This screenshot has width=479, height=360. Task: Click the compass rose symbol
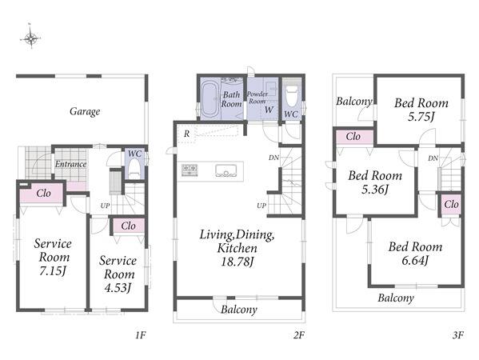pos(31,38)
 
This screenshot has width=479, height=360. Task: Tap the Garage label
pos(85,111)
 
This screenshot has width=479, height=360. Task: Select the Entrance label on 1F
pos(70,164)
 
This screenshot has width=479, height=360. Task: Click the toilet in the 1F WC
pos(134,168)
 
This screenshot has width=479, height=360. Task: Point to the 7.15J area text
pos(53,270)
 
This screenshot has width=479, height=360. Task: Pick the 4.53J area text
pos(118,287)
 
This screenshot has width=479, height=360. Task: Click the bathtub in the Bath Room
pos(210,99)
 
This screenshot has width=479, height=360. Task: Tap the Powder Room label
pos(257,98)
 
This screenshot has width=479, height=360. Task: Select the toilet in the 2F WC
pos(291,95)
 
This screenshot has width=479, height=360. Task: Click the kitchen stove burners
pos(190,170)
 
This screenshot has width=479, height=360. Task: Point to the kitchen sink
pos(226,170)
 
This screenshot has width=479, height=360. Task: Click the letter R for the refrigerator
pos(186,134)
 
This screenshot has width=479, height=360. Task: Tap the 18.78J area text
pos(238,262)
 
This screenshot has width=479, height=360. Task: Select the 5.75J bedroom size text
pos(421,117)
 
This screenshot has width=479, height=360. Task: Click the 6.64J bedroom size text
pos(415,261)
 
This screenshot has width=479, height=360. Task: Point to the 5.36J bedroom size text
pos(375,190)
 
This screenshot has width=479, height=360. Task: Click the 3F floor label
pos(458,335)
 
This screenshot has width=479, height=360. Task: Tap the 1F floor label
pos(140,335)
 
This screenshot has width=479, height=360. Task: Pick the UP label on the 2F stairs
pos(261,206)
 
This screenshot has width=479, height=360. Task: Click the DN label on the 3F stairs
pos(433,158)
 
